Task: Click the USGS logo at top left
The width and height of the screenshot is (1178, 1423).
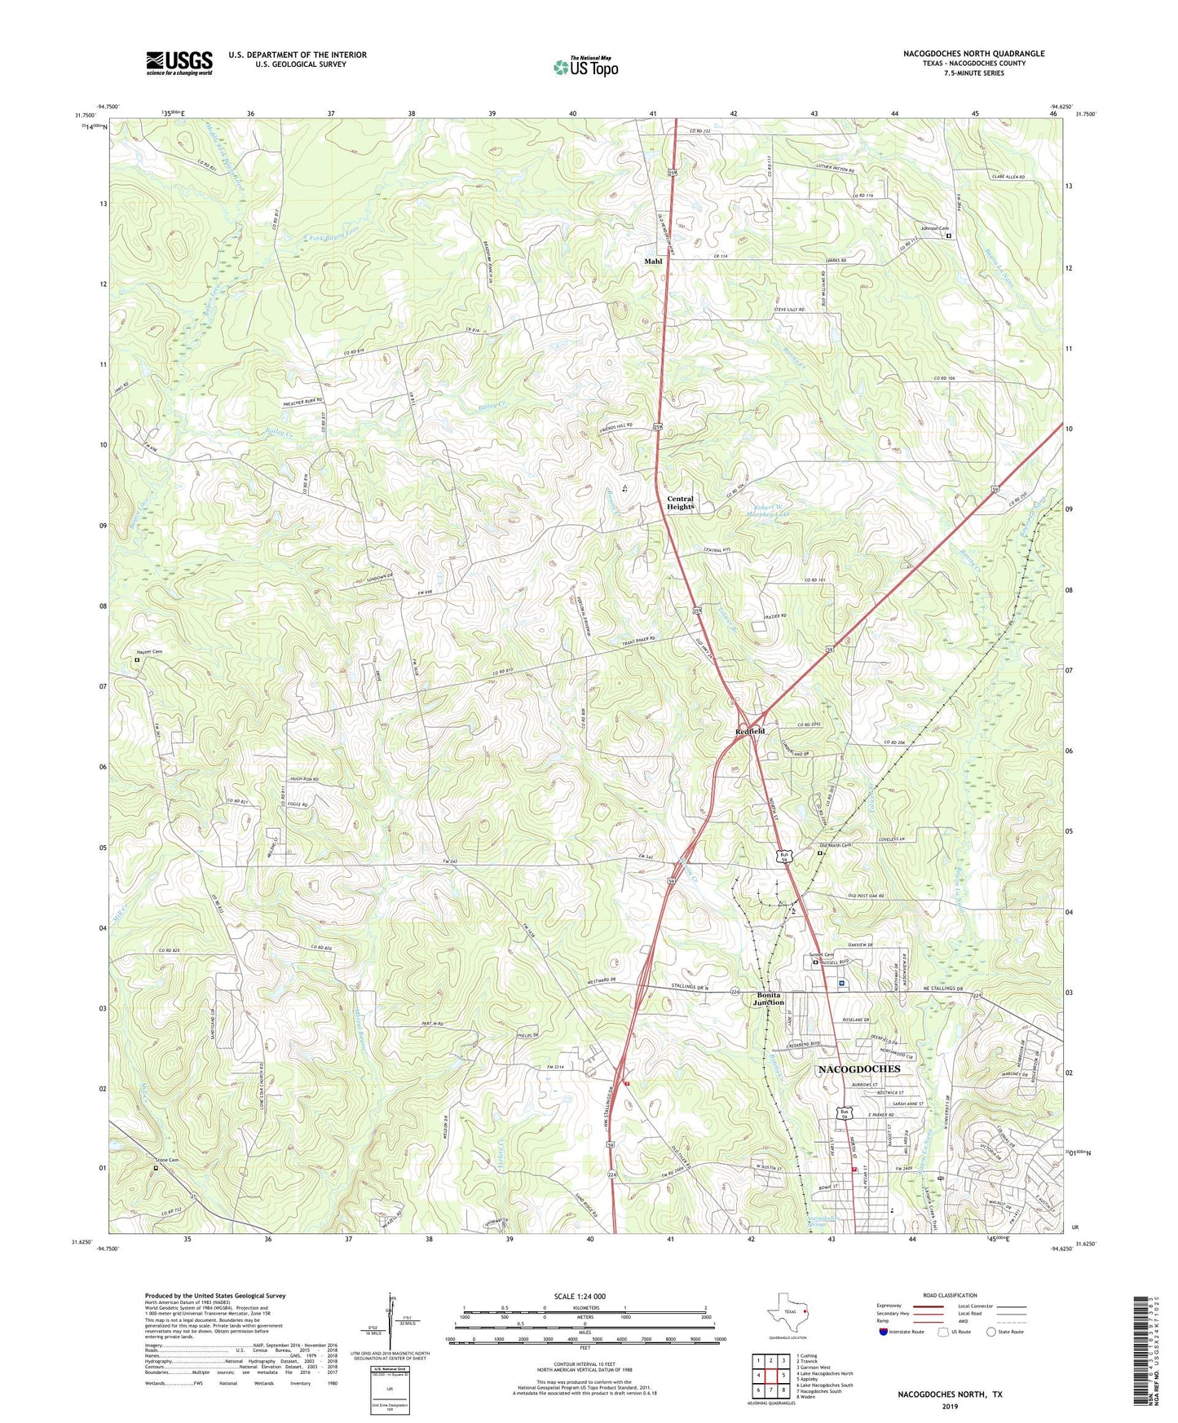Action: [179, 62]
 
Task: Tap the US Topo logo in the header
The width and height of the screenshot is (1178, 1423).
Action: [585, 66]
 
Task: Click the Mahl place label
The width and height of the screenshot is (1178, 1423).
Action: [653, 261]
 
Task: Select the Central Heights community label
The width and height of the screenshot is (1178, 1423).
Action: [680, 503]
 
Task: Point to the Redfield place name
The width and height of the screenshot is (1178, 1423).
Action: [750, 732]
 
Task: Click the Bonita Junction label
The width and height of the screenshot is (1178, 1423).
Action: [770, 998]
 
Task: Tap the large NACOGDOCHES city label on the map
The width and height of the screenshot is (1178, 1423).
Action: [858, 1068]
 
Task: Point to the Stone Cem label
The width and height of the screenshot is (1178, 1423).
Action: [165, 1160]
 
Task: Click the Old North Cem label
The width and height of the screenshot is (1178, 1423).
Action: [835, 845]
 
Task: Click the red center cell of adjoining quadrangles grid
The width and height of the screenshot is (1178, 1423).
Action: [770, 1375]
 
